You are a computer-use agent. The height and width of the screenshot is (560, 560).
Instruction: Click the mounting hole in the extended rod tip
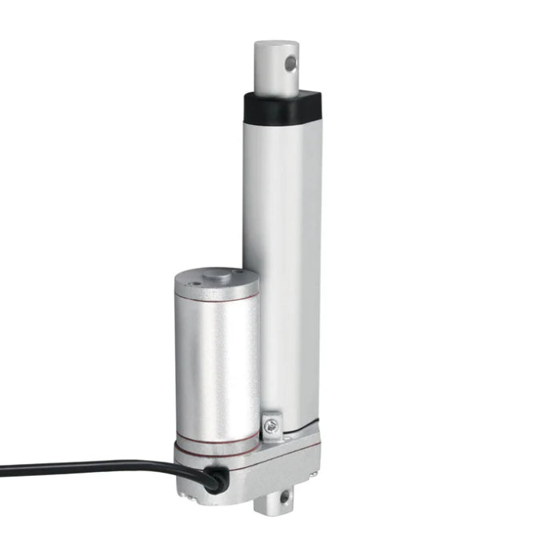[292, 63]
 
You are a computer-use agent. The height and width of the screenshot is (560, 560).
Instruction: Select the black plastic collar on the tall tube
[282, 104]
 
